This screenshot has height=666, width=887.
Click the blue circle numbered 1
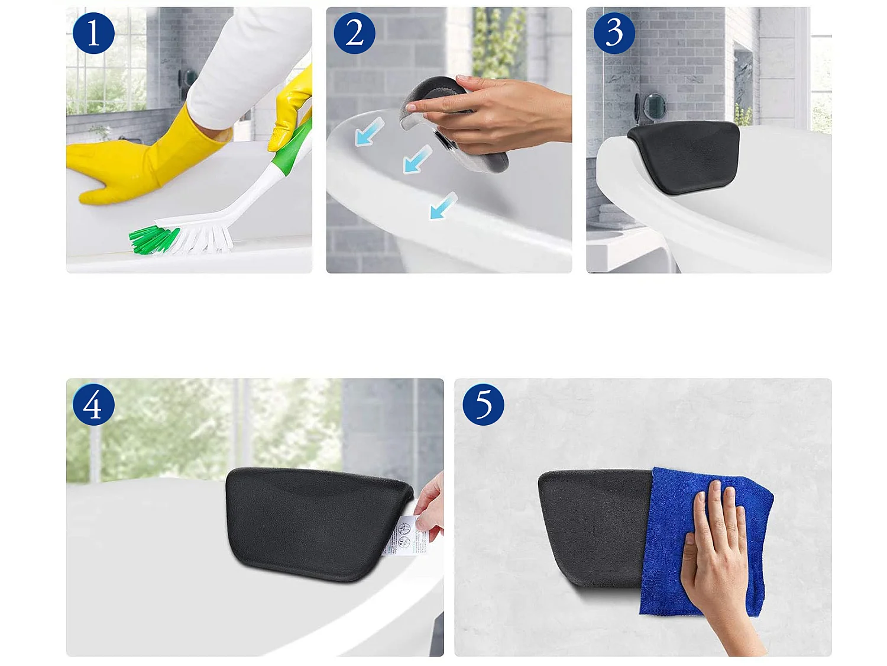coord(93,33)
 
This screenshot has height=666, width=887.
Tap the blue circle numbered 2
coord(354,33)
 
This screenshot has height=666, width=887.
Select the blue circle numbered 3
coord(614,33)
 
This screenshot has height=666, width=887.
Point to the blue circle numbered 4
coord(93,405)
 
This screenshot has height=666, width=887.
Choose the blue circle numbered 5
coord(483,405)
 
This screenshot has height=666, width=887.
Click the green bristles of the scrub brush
coord(151,240)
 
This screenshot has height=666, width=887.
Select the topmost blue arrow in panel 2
coord(370,132)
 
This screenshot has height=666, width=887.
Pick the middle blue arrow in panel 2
coord(417,159)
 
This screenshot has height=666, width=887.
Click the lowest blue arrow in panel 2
coord(443,205)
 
